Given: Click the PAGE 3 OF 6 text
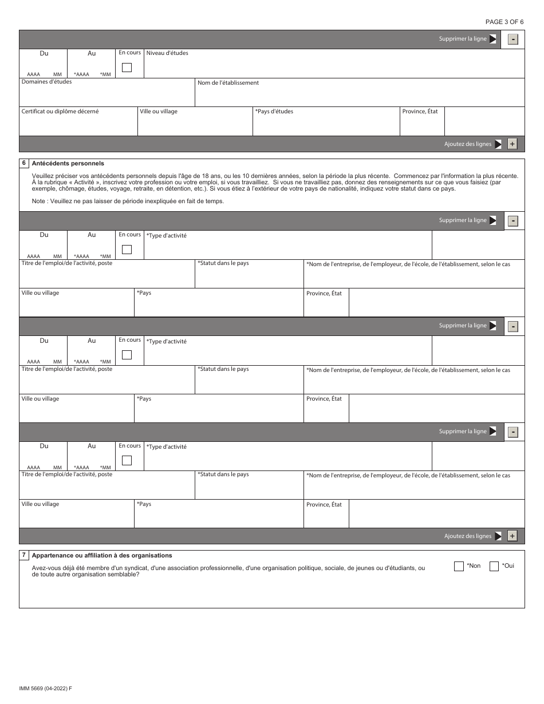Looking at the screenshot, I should click(504, 22).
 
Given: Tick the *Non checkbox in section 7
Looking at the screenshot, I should click(459, 566).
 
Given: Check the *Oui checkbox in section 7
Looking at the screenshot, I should click(494, 566).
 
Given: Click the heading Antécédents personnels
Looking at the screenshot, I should click(68, 163).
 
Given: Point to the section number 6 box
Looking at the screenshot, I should click(24, 163).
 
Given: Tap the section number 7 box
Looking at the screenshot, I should click(24, 555).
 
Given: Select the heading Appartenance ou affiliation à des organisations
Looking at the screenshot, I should click(102, 555).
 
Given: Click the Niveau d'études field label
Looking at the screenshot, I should click(167, 53).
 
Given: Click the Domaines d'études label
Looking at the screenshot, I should click(46, 82).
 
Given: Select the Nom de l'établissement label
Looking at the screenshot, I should click(228, 83).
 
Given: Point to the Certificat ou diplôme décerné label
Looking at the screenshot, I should click(60, 112).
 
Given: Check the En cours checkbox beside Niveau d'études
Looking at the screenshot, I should click(127, 68).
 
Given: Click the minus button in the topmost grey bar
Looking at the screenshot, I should click(513, 39).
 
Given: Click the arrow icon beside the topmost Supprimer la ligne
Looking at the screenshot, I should click(492, 39).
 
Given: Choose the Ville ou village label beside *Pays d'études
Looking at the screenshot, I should click(159, 112).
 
